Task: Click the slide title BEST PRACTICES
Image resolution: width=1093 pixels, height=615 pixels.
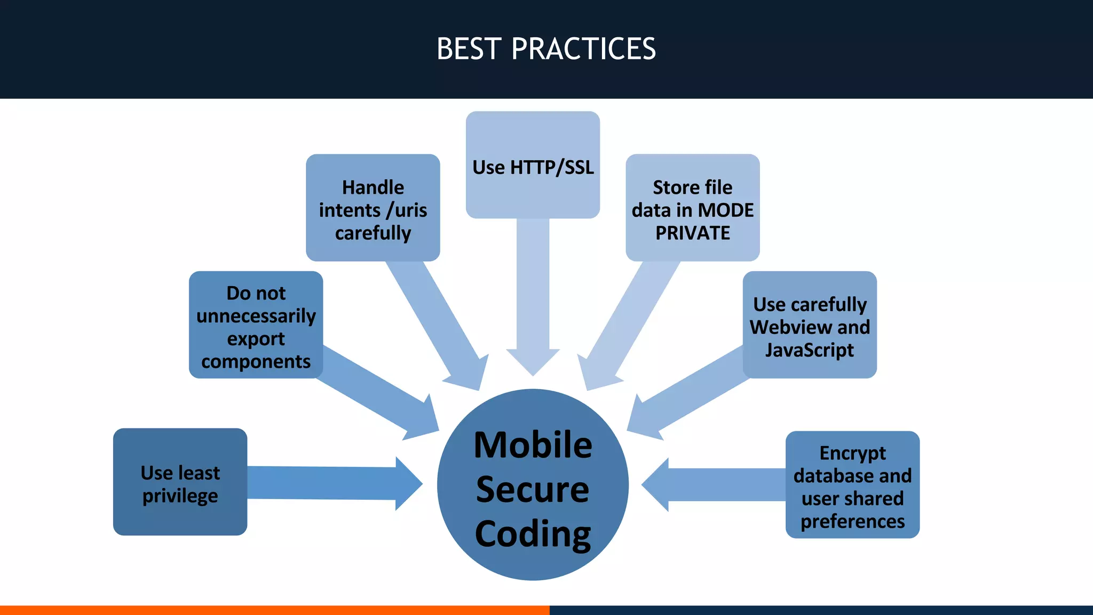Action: coord(546,49)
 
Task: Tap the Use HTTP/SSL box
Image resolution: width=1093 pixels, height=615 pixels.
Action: coord(533,165)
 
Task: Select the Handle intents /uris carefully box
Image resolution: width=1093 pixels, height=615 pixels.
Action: coord(373,208)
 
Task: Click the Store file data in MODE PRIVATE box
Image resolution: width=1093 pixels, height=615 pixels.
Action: coord(692,208)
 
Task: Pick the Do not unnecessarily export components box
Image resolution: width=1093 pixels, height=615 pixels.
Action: coord(256,325)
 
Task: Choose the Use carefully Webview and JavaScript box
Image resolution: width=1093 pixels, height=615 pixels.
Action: coord(809,325)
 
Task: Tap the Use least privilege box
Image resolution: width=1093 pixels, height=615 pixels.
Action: coord(180,482)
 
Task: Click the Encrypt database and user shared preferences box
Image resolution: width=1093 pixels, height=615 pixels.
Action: coord(852,485)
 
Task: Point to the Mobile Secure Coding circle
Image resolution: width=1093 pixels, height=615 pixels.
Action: coord(533,485)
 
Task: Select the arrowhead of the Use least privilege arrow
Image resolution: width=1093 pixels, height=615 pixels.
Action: coord(408,484)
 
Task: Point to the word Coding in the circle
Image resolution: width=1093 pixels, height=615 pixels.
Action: coord(533,534)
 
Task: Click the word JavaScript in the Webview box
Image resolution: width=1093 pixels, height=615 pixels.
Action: coord(809,350)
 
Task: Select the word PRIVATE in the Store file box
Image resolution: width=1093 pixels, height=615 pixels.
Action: coord(692,233)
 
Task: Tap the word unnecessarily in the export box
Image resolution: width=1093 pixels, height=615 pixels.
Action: coord(256,316)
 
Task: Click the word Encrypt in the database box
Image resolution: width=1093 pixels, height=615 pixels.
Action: coord(852,453)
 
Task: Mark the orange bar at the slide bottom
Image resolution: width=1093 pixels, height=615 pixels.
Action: coord(274,610)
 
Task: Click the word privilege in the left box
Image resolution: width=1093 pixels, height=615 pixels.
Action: coord(180,496)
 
